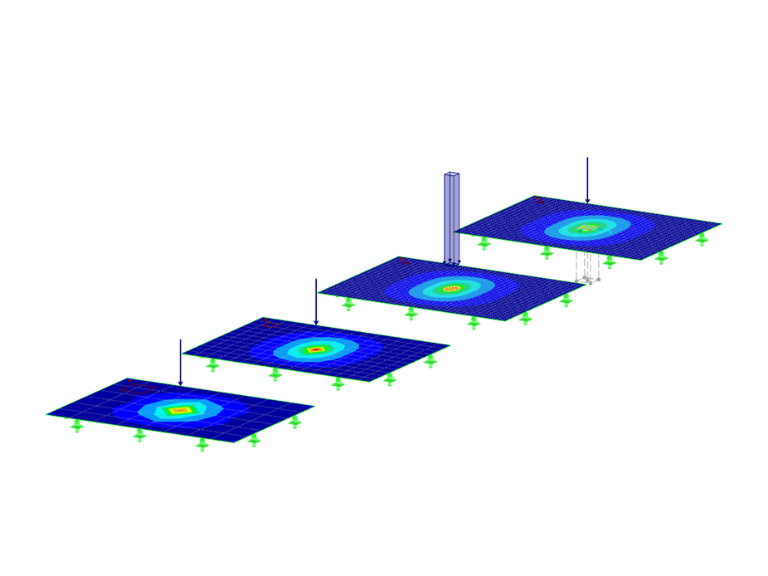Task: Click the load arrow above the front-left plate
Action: point(180,362)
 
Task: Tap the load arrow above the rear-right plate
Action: point(587,179)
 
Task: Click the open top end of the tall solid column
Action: point(451,174)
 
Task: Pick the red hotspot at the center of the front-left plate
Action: point(180,410)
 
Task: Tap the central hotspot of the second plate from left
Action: point(315,349)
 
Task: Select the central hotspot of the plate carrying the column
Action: point(451,289)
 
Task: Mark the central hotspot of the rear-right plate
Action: point(587,227)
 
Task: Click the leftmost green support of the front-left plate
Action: point(77,425)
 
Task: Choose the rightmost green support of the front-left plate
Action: point(294,422)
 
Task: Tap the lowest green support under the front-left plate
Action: point(202,445)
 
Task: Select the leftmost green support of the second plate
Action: point(213,364)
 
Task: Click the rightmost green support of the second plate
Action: point(430,361)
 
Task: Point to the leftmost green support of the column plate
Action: point(348,304)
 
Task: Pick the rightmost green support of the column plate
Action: point(566,300)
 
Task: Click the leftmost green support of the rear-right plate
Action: point(484,243)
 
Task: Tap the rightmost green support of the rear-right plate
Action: point(702,239)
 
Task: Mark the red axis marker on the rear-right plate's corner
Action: point(539,200)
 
